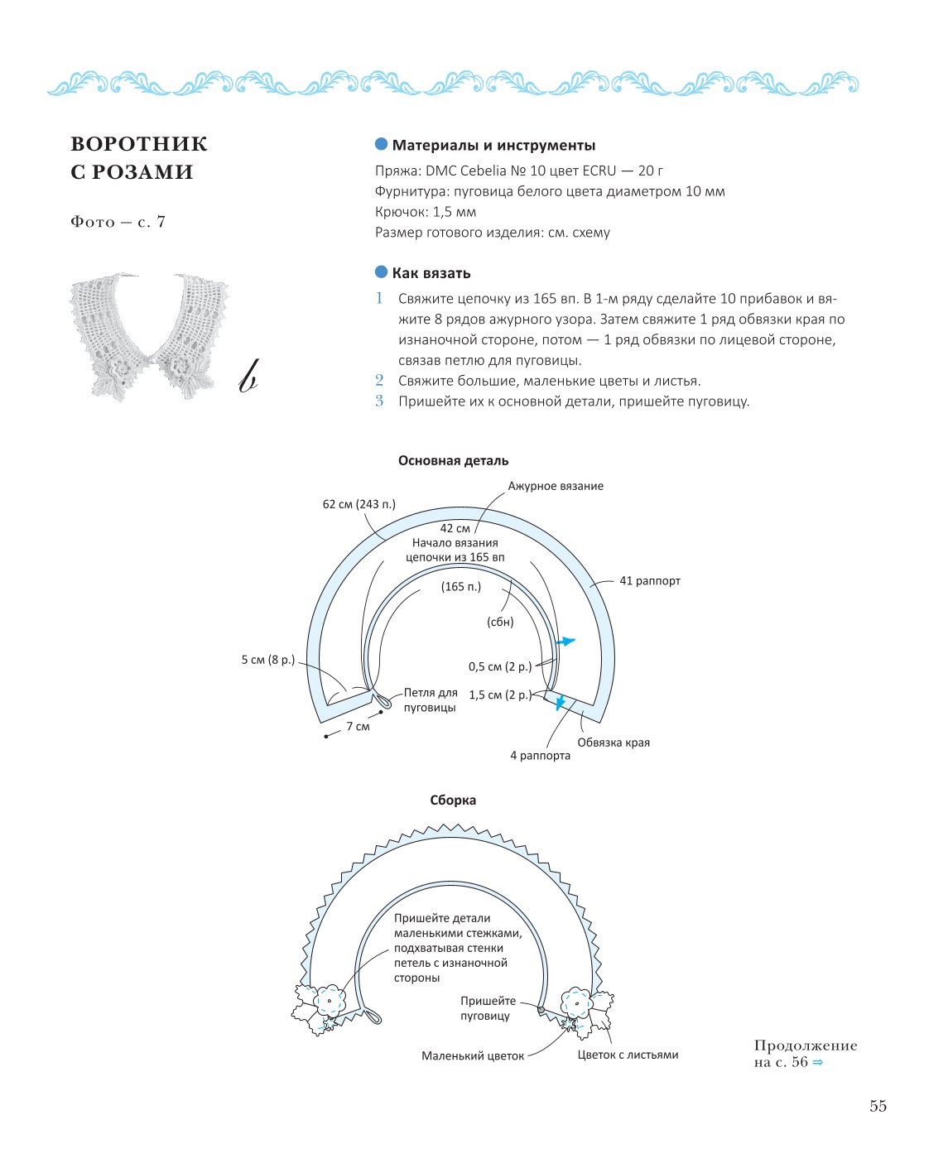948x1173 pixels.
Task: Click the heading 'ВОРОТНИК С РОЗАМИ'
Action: tap(139, 157)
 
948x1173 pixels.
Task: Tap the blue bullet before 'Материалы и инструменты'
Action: tap(381, 144)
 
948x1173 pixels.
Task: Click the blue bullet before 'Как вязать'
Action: tap(381, 272)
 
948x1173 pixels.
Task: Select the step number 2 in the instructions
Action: tap(379, 380)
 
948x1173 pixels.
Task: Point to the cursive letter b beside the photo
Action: tap(248, 376)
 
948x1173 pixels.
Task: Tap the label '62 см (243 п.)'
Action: tap(359, 504)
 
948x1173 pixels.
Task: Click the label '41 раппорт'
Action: tap(649, 580)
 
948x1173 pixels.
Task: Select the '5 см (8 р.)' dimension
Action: tap(267, 659)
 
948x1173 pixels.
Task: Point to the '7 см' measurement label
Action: tap(358, 726)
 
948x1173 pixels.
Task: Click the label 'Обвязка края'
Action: tap(613, 743)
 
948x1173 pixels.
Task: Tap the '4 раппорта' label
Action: tap(540, 756)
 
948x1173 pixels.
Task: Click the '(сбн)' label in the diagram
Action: tap(499, 622)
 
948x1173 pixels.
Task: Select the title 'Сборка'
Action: tap(453, 800)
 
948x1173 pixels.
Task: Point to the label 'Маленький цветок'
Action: tap(473, 1055)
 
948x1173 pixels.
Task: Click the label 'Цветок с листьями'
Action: tap(628, 1055)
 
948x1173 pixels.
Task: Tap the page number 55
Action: tap(878, 1105)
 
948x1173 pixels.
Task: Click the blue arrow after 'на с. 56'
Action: tap(817, 1062)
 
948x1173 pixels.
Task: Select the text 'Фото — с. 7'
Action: tap(118, 221)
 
